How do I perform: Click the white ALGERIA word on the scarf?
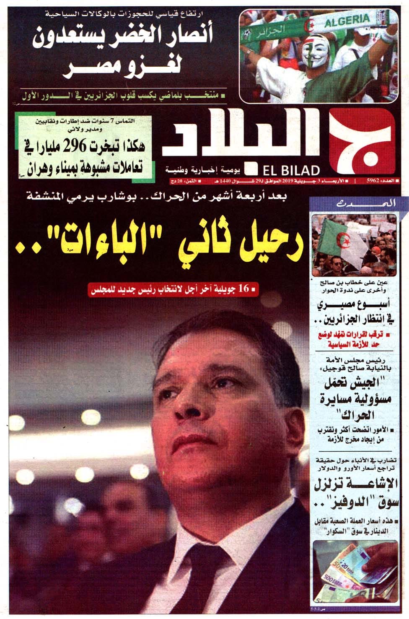click(x=347, y=20)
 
